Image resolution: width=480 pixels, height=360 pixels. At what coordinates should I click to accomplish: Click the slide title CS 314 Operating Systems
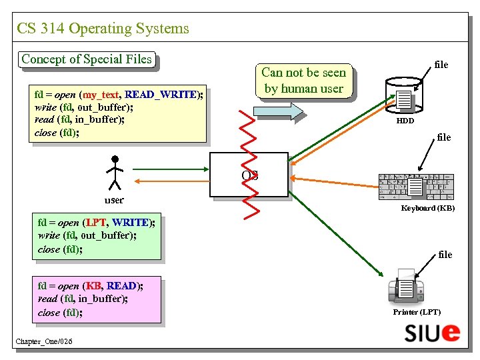(x=103, y=29)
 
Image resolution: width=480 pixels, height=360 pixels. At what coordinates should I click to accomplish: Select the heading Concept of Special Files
(x=87, y=59)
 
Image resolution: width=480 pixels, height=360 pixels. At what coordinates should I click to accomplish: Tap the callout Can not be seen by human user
(x=304, y=81)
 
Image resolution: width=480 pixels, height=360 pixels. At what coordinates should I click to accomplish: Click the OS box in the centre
(x=249, y=175)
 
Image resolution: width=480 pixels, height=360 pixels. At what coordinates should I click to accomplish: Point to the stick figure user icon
(x=115, y=173)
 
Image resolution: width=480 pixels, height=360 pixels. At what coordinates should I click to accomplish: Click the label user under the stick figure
(x=114, y=200)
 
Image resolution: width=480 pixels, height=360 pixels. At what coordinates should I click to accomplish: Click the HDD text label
(x=405, y=121)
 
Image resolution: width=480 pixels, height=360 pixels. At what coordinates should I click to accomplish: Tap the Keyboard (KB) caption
(x=428, y=209)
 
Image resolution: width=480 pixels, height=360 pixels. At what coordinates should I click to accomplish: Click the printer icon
(x=407, y=285)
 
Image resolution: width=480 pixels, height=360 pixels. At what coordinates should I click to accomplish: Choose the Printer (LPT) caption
(x=417, y=312)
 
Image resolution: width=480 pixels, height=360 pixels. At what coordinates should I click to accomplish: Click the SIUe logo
(x=431, y=331)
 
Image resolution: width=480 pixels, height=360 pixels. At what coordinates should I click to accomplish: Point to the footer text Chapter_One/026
(x=44, y=342)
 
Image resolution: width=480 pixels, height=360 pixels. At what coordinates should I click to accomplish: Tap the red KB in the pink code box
(x=93, y=286)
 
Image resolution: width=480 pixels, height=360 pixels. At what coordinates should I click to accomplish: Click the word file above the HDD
(x=441, y=65)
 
